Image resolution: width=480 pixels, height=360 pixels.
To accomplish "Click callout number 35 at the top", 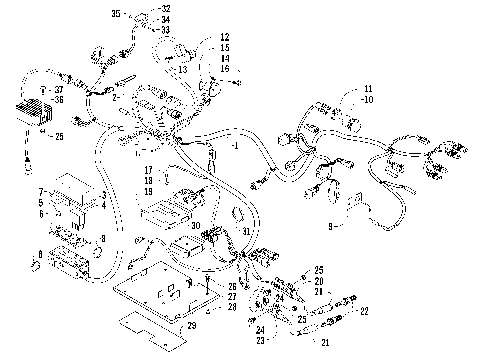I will tap(115, 14).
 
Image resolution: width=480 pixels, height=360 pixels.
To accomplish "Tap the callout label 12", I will tap(224, 36).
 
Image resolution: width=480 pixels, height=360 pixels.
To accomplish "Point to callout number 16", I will tap(224, 68).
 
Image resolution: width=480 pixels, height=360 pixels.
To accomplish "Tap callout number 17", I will tap(147, 170).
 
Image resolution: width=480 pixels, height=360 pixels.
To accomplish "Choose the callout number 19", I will tap(147, 190).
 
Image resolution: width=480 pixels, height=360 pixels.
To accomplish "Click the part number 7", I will tap(41, 191).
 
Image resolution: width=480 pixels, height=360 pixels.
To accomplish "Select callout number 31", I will tap(246, 232).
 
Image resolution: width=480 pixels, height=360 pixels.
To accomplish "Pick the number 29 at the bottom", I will tap(190, 326).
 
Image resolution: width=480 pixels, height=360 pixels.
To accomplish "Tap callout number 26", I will tap(231, 286).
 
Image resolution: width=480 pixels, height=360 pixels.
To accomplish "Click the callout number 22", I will tap(364, 311).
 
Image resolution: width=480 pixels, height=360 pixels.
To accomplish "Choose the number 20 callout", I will tap(318, 281).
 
